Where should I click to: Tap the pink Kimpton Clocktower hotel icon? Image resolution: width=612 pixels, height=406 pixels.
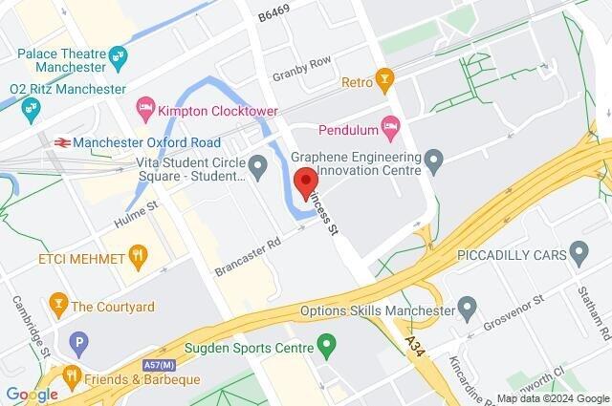tap(145, 104)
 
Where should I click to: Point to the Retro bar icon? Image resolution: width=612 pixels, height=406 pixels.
tap(384, 75)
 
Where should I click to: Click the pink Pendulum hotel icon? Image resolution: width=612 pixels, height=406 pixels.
tap(389, 125)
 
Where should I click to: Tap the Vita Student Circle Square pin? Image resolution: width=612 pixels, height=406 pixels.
tap(257, 168)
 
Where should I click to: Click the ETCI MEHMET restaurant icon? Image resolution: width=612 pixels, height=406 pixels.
tap(140, 255)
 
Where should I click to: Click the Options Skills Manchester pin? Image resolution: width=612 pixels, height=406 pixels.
tap(467, 308)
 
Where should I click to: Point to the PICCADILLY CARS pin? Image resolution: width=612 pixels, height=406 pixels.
tap(578, 253)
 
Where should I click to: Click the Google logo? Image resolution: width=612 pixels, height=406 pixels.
tap(32, 395)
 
